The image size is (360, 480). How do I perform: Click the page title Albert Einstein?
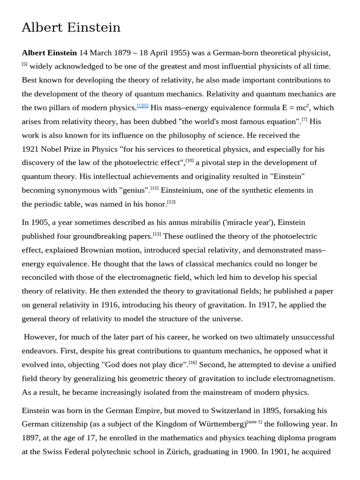point(71,28)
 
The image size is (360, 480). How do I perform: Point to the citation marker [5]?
point(24,64)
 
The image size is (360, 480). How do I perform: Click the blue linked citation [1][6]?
point(142,105)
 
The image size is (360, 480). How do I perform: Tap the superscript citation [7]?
point(304,119)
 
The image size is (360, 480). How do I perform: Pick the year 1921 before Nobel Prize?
point(31,149)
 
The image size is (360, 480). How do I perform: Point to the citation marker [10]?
point(189,160)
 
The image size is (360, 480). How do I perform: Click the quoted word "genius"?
point(135,190)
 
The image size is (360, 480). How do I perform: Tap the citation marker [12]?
point(171,202)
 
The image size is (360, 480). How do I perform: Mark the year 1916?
point(109,305)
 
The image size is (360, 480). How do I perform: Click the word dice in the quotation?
point(176,364)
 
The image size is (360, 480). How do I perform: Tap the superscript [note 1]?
point(254,422)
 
